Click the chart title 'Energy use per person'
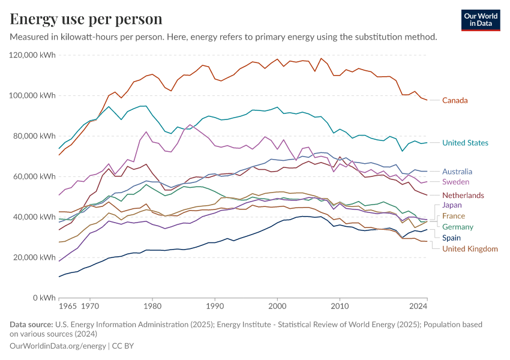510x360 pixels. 86,19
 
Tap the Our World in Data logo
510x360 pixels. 481,20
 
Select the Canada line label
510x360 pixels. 455,100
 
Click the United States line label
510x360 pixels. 465,143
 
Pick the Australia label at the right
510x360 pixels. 457,171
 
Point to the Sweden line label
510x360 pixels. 455,182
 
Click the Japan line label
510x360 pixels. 451,205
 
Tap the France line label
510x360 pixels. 453,216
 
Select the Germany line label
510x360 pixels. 457,227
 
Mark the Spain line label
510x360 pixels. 451,238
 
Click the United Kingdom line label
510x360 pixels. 470,248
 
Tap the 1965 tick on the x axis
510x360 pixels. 68,306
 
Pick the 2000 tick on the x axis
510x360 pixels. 277,306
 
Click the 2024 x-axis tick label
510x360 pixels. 418,306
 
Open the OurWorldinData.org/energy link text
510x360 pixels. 58,346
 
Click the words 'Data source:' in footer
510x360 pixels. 31,325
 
